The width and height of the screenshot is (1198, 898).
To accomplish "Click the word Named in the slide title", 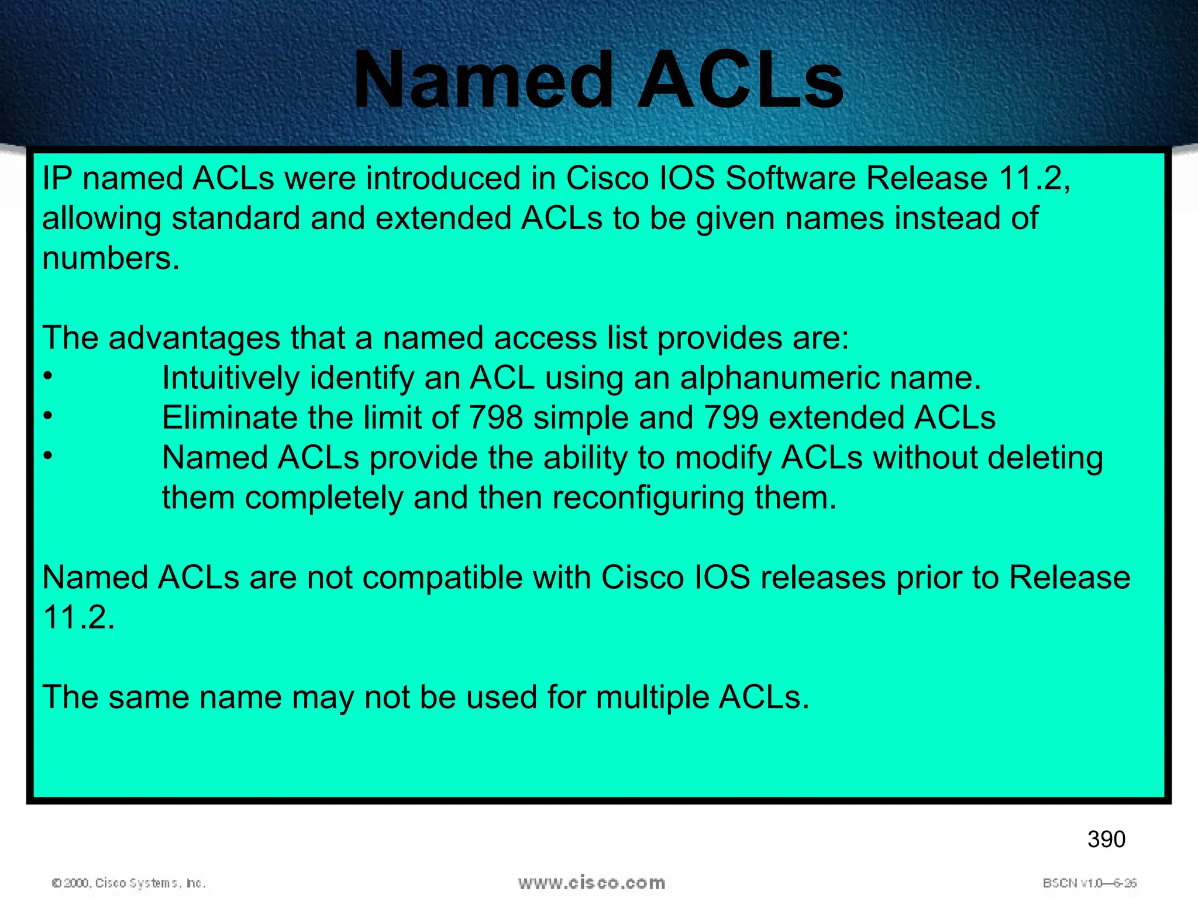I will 483,80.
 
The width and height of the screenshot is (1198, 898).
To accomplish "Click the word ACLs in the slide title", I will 740,80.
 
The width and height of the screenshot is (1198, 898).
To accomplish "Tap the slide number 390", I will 1106,840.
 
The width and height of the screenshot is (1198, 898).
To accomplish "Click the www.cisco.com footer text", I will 591,882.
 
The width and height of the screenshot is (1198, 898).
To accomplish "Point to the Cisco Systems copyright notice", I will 129,883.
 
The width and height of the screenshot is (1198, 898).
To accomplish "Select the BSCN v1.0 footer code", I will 1089,883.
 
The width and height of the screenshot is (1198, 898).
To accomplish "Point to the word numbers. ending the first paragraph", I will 111,258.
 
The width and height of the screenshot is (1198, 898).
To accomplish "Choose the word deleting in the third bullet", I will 1045,458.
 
